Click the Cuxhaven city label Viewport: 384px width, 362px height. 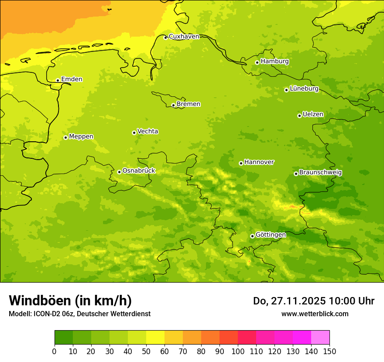184,37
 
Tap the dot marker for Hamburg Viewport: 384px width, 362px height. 257,62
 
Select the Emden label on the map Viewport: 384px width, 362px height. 72,79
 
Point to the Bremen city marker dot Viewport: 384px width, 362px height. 173,105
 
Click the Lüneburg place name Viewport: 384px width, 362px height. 304,89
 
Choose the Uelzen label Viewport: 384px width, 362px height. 313,115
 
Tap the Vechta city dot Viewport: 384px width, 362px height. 134,133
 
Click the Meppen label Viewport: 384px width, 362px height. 81,137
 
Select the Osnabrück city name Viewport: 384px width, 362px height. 139,171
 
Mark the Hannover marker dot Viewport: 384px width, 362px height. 241,163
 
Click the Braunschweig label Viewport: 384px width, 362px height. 320,173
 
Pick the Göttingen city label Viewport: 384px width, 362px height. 271,235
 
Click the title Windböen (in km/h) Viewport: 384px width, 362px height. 70,301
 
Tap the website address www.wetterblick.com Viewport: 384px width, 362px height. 315,314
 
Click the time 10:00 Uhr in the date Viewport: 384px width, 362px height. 352,301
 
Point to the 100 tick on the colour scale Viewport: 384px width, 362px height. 238,351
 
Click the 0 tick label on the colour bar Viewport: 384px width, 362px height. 55,351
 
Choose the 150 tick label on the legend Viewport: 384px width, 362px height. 329,351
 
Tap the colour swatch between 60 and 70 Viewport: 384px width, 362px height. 174,338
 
